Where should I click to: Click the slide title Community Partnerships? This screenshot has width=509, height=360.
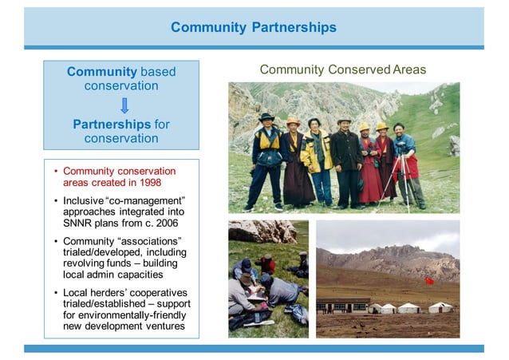pos(254,28)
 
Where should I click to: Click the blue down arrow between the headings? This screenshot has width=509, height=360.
pos(124,105)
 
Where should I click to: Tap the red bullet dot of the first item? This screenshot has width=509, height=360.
pos(55,171)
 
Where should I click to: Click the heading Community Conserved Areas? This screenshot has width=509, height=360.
pos(343,70)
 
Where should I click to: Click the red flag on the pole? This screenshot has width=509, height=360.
pos(430,282)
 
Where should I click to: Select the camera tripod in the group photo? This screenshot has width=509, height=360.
pos(393,180)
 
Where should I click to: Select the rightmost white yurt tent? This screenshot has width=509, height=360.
pos(440,307)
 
